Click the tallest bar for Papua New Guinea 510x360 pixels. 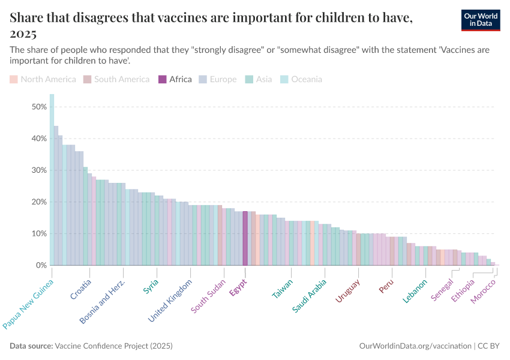(52, 180)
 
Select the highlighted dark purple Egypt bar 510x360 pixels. (245, 238)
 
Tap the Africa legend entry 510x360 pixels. (175, 79)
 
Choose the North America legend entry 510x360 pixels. (43, 79)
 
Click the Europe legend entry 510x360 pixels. (217, 79)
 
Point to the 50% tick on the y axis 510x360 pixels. (39, 107)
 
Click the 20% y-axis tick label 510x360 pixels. (39, 202)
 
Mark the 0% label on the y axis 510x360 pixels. (41, 265)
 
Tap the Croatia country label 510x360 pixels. (81, 289)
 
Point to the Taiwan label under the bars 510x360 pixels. (283, 289)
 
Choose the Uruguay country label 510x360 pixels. (347, 291)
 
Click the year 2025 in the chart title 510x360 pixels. (23, 33)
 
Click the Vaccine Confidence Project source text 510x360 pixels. (113, 346)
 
